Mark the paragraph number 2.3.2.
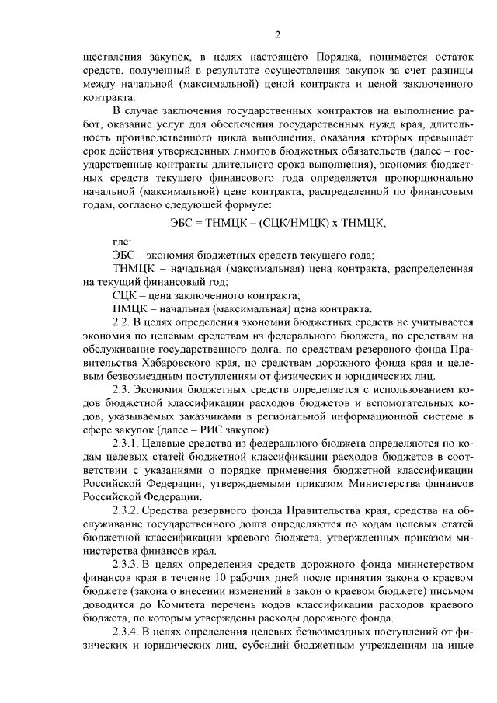[129, 513]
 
